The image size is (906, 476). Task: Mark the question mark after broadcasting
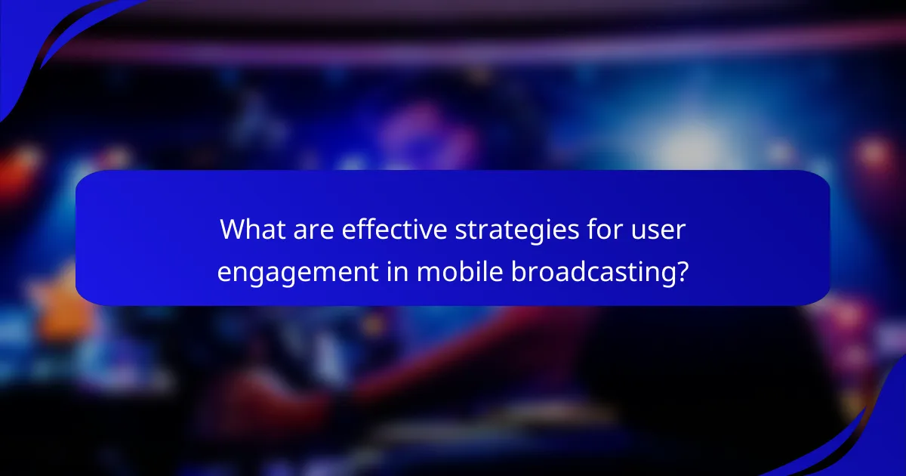point(681,270)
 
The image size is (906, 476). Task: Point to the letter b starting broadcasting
point(517,270)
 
